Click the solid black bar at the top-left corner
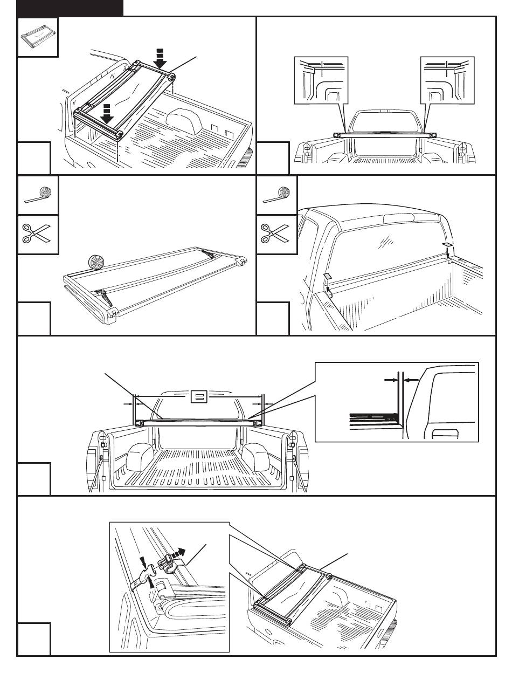(70, 7)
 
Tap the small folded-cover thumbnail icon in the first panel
(38, 37)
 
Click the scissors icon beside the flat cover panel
(38, 235)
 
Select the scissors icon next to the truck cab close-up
(277, 235)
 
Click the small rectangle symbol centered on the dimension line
(198, 397)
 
